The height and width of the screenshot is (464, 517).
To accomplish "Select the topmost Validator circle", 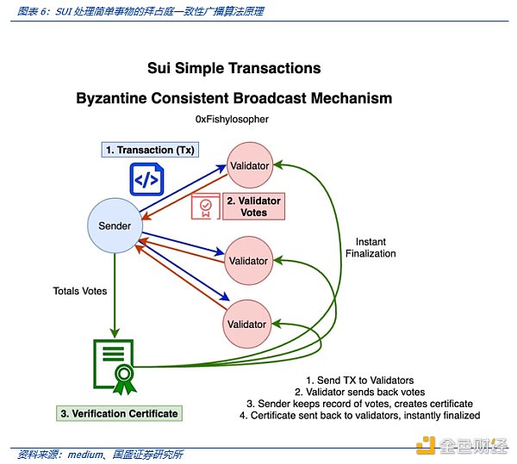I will (247, 165).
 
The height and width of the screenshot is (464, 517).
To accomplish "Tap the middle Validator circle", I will (247, 260).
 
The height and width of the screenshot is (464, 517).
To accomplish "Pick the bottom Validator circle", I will (247, 324).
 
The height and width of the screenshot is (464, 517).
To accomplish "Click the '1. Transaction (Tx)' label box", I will (151, 150).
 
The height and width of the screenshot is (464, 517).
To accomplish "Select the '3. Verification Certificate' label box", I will (119, 413).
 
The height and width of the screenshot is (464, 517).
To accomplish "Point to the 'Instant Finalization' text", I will (371, 247).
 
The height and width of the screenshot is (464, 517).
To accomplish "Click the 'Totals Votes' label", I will (80, 291).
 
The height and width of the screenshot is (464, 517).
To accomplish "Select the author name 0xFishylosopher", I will (245, 119).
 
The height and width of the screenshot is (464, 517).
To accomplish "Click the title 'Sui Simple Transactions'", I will (234, 68).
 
